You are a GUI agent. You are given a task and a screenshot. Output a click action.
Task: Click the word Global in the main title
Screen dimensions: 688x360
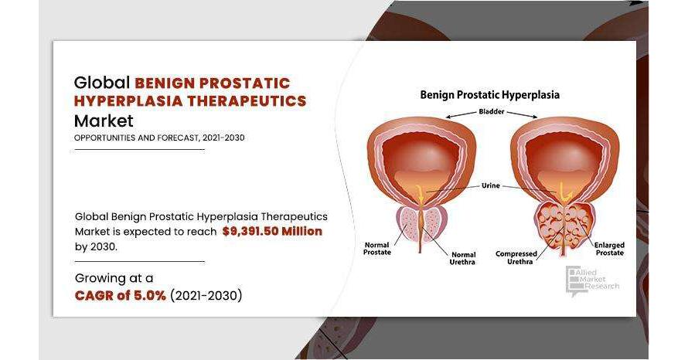[102, 83]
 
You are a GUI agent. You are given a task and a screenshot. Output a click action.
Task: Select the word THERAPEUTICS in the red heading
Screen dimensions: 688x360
[247, 101]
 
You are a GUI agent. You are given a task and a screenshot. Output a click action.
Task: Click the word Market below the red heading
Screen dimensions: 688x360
[104, 121]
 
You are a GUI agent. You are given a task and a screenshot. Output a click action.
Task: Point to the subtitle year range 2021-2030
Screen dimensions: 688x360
[223, 138]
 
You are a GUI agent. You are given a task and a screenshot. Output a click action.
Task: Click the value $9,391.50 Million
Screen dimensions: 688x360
[272, 231]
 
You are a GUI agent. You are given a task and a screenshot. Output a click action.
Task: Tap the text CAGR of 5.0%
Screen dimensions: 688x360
[121, 296]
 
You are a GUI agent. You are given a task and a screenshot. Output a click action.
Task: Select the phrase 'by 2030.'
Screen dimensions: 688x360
[96, 246]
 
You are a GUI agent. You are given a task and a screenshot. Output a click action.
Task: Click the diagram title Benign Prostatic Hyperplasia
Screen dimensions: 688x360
[489, 95]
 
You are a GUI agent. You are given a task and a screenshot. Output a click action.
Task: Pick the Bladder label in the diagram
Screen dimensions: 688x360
[492, 111]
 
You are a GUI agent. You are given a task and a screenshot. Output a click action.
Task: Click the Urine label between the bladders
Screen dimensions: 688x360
[491, 185]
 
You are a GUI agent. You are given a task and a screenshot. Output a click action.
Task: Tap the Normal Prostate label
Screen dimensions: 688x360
[377, 249]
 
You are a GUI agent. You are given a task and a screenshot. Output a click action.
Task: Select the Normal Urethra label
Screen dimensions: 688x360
[463, 258]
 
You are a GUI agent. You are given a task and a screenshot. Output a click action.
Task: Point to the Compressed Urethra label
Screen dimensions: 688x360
[516, 258]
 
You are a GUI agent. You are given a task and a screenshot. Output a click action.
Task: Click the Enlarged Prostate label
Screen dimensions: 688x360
[609, 249]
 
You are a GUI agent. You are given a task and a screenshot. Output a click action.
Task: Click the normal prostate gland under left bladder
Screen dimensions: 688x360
[421, 222]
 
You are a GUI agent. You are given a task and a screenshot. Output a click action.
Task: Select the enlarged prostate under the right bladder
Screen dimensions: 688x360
[564, 226]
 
